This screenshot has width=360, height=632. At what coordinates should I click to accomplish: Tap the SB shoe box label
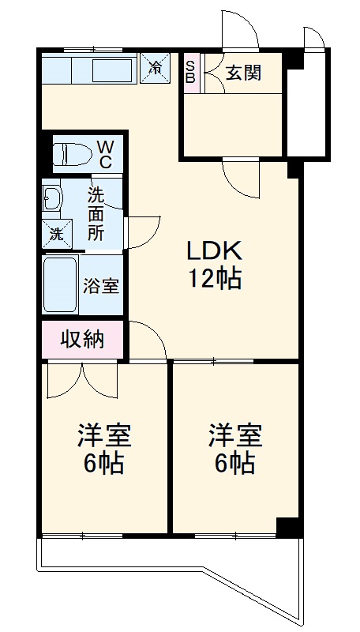point(190,72)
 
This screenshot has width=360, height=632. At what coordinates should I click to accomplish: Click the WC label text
point(105,154)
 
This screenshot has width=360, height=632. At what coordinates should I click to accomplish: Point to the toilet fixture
point(69,154)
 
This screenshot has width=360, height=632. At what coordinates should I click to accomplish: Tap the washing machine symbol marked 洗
point(56,234)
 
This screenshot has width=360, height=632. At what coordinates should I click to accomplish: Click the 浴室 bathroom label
point(101,284)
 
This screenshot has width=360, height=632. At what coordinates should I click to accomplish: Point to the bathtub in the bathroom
point(60,284)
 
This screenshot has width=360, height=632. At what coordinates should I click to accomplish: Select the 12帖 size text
point(213,278)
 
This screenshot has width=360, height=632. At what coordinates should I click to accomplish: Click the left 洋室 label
point(103,435)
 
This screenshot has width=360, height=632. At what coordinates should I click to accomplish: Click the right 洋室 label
point(234,435)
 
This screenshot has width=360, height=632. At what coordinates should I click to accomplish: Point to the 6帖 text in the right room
point(234,464)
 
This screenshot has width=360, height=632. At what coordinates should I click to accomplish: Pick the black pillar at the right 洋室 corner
point(287,525)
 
